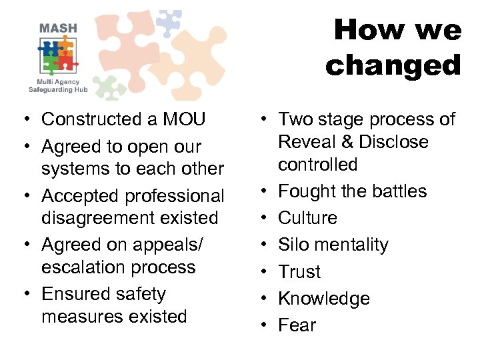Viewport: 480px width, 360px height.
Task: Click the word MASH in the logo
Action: pyautogui.click(x=58, y=29)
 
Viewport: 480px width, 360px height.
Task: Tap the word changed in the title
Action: pyautogui.click(x=393, y=65)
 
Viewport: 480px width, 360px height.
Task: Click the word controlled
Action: pyautogui.click(x=318, y=164)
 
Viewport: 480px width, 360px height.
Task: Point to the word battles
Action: pyautogui.click(x=395, y=191)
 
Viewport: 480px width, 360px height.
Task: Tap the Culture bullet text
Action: pyautogui.click(x=307, y=218)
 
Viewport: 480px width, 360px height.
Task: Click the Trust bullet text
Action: pyautogui.click(x=299, y=272)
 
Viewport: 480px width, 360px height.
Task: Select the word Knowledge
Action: pyautogui.click(x=323, y=299)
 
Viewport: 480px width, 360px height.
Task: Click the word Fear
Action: pyautogui.click(x=297, y=325)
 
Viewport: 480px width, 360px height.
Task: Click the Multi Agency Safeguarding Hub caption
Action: pyautogui.click(x=58, y=84)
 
